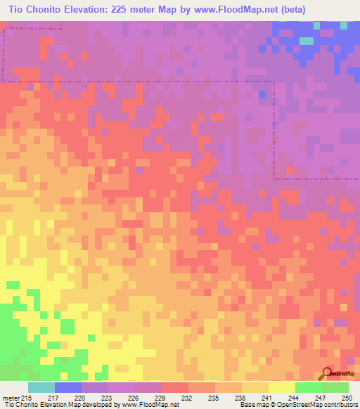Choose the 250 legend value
click(344, 398)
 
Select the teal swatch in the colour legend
click(41, 387)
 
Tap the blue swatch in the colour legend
click(68, 387)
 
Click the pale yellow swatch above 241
click(282, 387)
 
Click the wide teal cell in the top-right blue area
click(306, 41)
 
